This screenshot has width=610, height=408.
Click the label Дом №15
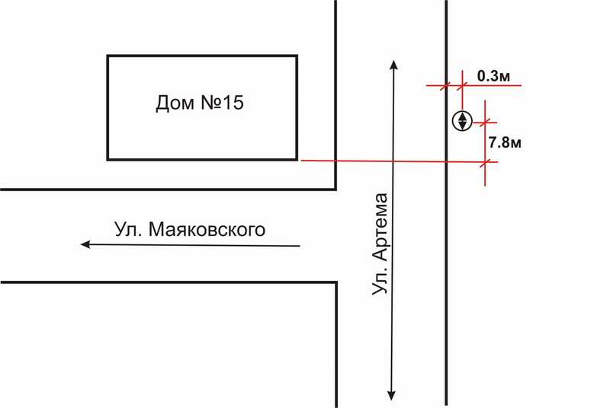pyautogui.click(x=199, y=104)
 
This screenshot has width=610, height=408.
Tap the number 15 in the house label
pyautogui.click(x=233, y=104)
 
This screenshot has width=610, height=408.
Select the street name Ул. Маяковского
pyautogui.click(x=190, y=229)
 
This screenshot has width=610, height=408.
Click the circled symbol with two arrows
pyautogui.click(x=461, y=120)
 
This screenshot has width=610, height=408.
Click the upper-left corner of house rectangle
pyautogui.click(x=108, y=56)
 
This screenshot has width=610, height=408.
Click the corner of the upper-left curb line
pyautogui.click(x=335, y=188)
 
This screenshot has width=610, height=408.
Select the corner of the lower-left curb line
pyautogui.click(x=335, y=283)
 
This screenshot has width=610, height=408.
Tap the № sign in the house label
pyautogui.click(x=211, y=104)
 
